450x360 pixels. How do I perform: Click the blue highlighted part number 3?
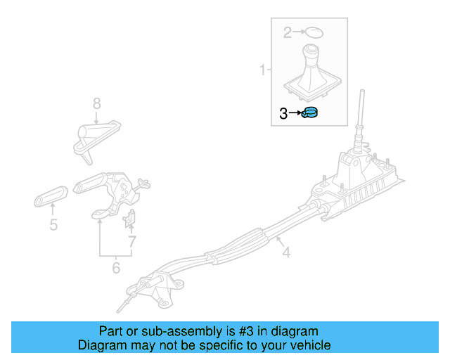tap(309, 112)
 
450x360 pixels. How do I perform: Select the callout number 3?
tap(284, 113)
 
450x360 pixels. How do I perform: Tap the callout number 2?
tap(287, 32)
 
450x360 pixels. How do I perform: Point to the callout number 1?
tap(263, 70)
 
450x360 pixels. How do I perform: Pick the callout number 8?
tap(97, 103)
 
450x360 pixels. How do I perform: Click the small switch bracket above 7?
tap(129, 221)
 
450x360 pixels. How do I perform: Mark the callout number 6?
tap(116, 268)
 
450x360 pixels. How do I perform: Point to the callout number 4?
tap(286, 251)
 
